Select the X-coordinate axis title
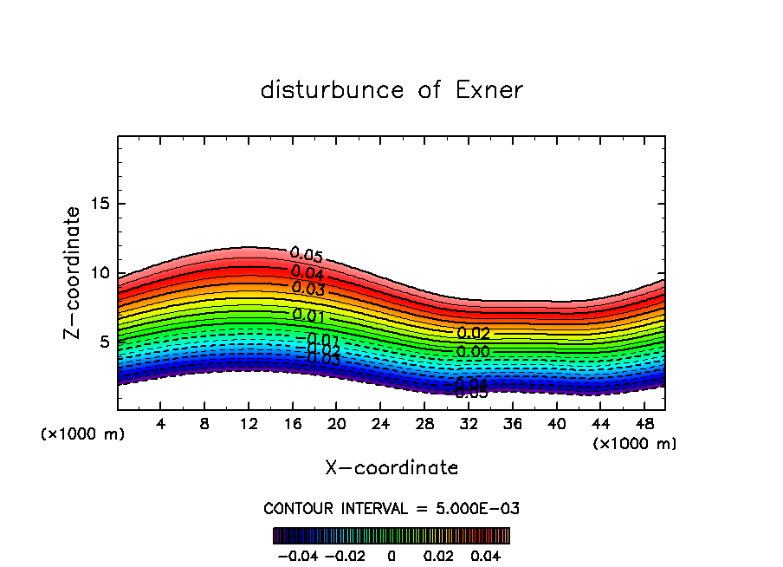[x=391, y=468]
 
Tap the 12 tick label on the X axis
[x=249, y=424]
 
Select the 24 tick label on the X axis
[x=380, y=424]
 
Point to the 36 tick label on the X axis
[x=512, y=424]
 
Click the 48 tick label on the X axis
[x=644, y=424]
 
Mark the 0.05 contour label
[x=307, y=255]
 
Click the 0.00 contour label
[x=473, y=351]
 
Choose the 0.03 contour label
[x=308, y=289]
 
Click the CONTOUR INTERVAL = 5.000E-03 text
[x=391, y=508]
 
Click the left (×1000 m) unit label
[x=83, y=434]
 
